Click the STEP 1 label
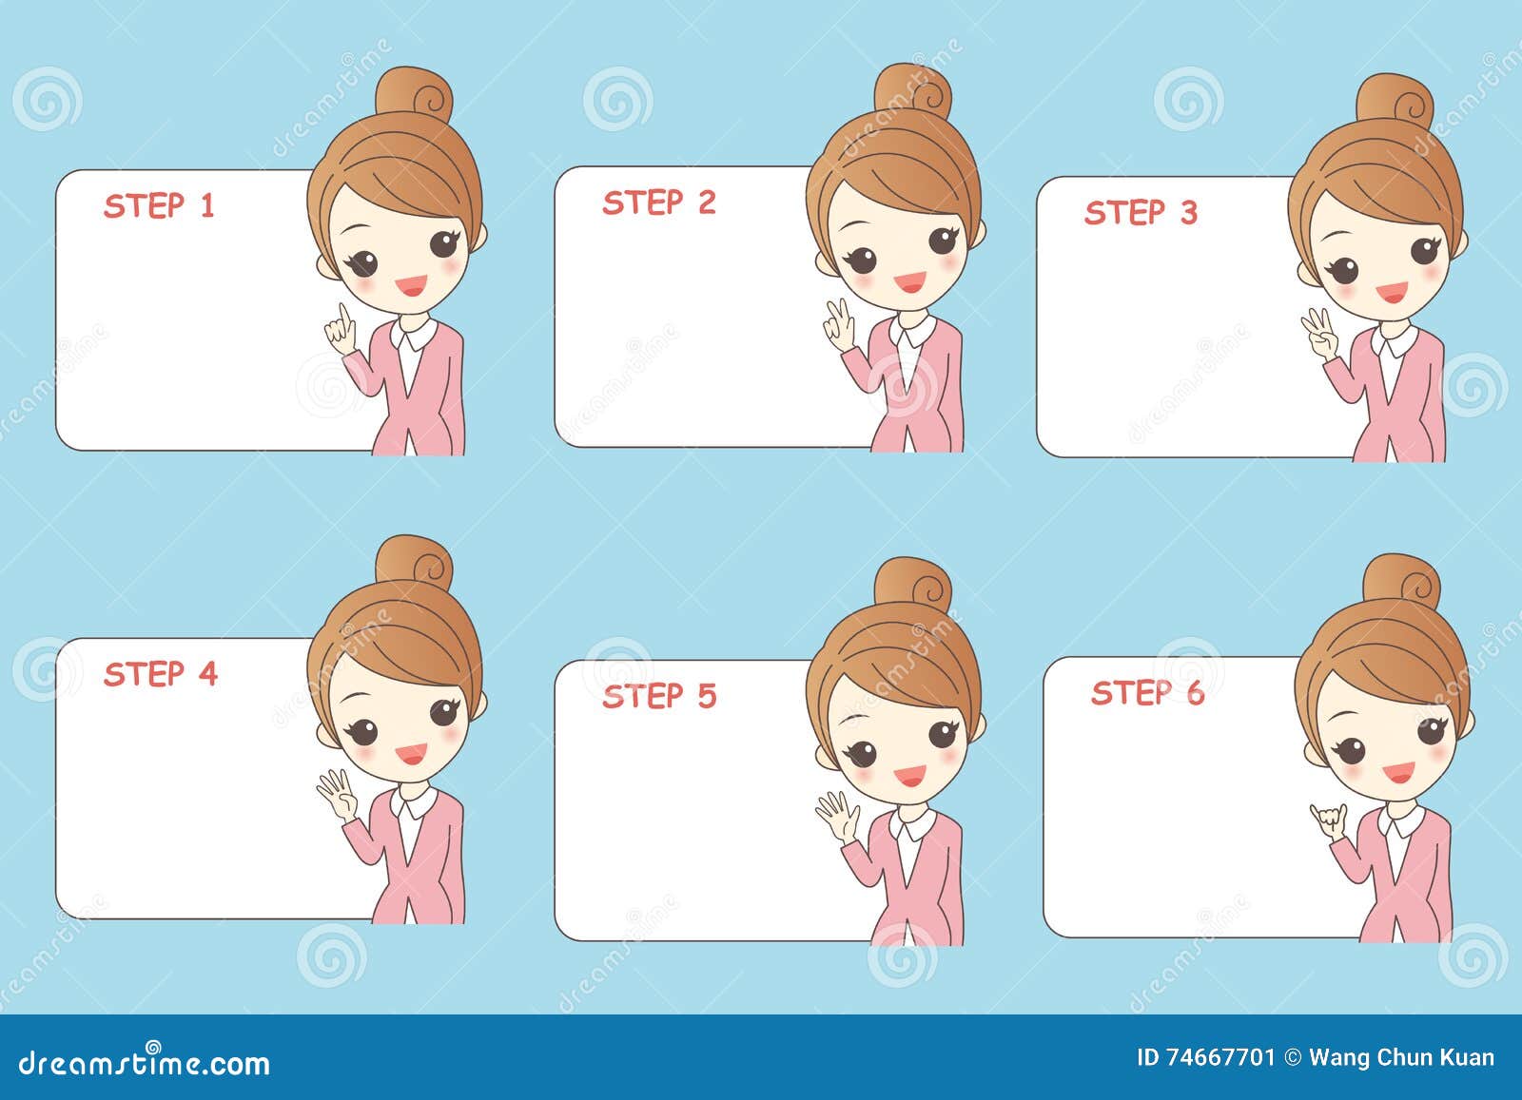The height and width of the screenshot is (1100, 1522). [x=160, y=205]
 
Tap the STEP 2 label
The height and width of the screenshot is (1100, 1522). [x=658, y=203]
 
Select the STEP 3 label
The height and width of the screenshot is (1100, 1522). [x=1141, y=212]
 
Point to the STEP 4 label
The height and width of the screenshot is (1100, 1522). [x=161, y=674]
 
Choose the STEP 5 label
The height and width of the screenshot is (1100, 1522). [x=658, y=696]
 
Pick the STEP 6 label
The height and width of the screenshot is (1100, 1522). [x=1147, y=693]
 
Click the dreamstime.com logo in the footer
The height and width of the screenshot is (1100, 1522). [x=145, y=1062]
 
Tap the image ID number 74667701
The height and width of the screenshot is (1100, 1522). [x=1220, y=1057]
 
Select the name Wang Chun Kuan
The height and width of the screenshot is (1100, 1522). [x=1400, y=1057]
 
